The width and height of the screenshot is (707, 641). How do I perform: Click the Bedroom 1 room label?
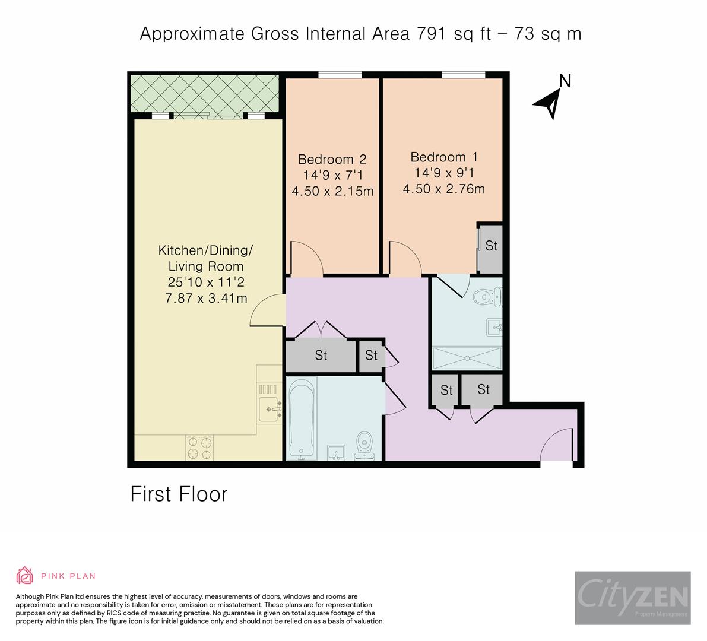pos(444,157)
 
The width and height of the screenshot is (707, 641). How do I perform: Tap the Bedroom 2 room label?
pos(332,160)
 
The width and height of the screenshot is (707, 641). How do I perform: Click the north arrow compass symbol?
pos(550,102)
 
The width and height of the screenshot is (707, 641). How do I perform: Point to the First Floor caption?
pos(179,494)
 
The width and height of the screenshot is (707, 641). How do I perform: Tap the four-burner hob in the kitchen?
pos(200,448)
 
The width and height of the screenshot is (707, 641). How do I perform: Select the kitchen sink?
pos(270,409)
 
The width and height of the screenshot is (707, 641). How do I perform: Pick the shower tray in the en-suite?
pos(467,358)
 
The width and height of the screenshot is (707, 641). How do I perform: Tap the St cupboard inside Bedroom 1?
pos(491,246)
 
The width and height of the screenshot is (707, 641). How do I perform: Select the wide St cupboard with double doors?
pos(321,356)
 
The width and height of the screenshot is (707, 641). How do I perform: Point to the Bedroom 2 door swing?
pos(306,259)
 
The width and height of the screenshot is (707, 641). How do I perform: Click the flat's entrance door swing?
pos(559,446)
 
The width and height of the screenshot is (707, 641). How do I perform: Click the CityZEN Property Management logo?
pos(632,598)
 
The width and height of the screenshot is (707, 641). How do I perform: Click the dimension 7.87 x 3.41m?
pos(206,299)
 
